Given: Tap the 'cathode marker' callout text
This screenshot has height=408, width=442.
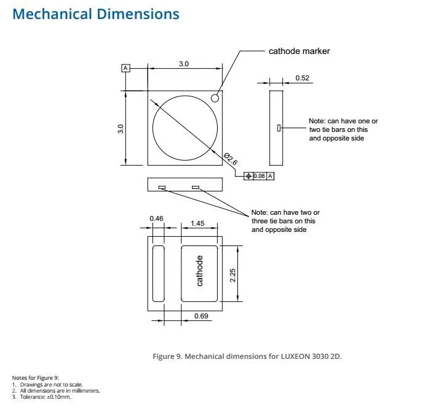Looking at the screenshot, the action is click(x=299, y=51).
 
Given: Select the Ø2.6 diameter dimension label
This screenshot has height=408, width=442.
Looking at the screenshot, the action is click(x=231, y=159).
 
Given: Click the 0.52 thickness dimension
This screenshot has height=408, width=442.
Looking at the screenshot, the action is click(x=302, y=78).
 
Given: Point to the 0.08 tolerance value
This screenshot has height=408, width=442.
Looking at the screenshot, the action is click(x=259, y=176).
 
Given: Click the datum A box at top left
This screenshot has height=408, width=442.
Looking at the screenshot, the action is click(x=126, y=68).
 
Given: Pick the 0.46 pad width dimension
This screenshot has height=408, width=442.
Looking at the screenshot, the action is click(x=156, y=218).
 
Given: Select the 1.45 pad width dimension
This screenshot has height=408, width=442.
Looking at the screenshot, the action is click(x=197, y=223).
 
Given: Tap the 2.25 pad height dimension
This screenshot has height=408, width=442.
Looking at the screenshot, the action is click(x=232, y=275).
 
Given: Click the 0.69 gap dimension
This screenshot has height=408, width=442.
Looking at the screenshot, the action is click(x=201, y=316).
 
